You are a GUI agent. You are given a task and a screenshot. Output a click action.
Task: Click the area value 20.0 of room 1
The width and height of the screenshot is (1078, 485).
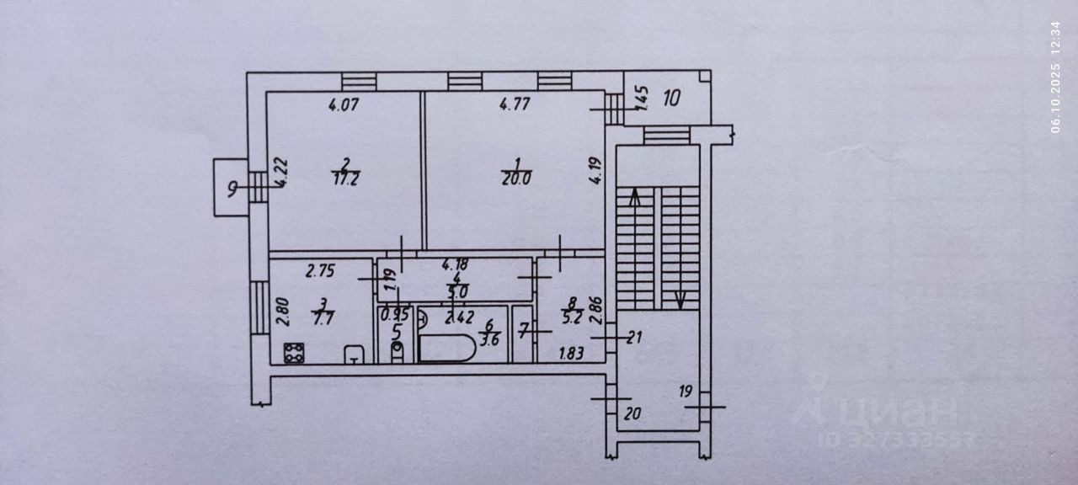517,179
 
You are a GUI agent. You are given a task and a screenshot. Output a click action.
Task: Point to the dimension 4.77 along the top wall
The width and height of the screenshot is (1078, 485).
515,106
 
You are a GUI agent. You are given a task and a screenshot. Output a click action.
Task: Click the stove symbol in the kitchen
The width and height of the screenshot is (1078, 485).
294,353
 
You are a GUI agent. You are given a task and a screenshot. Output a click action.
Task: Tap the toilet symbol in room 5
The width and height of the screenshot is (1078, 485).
397,351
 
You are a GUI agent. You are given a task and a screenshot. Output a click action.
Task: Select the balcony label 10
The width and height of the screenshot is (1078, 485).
670,98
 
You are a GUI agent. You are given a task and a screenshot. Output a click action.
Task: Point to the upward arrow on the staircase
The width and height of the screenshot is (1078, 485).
634,199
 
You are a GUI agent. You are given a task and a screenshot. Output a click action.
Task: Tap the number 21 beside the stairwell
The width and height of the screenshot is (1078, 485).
635,338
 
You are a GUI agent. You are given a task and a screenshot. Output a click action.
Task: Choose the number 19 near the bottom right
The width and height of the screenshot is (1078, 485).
685,391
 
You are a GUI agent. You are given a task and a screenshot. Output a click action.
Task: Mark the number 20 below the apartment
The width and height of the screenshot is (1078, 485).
632,413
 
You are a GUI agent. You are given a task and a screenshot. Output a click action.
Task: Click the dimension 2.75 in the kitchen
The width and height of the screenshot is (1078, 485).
320,271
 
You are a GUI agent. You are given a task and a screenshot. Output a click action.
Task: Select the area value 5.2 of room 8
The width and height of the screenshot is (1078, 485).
572,317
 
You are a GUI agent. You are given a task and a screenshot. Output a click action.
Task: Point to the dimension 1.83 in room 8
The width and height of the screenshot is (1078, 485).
573,354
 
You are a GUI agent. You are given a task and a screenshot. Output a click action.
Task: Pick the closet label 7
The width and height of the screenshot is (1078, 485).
523,332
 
